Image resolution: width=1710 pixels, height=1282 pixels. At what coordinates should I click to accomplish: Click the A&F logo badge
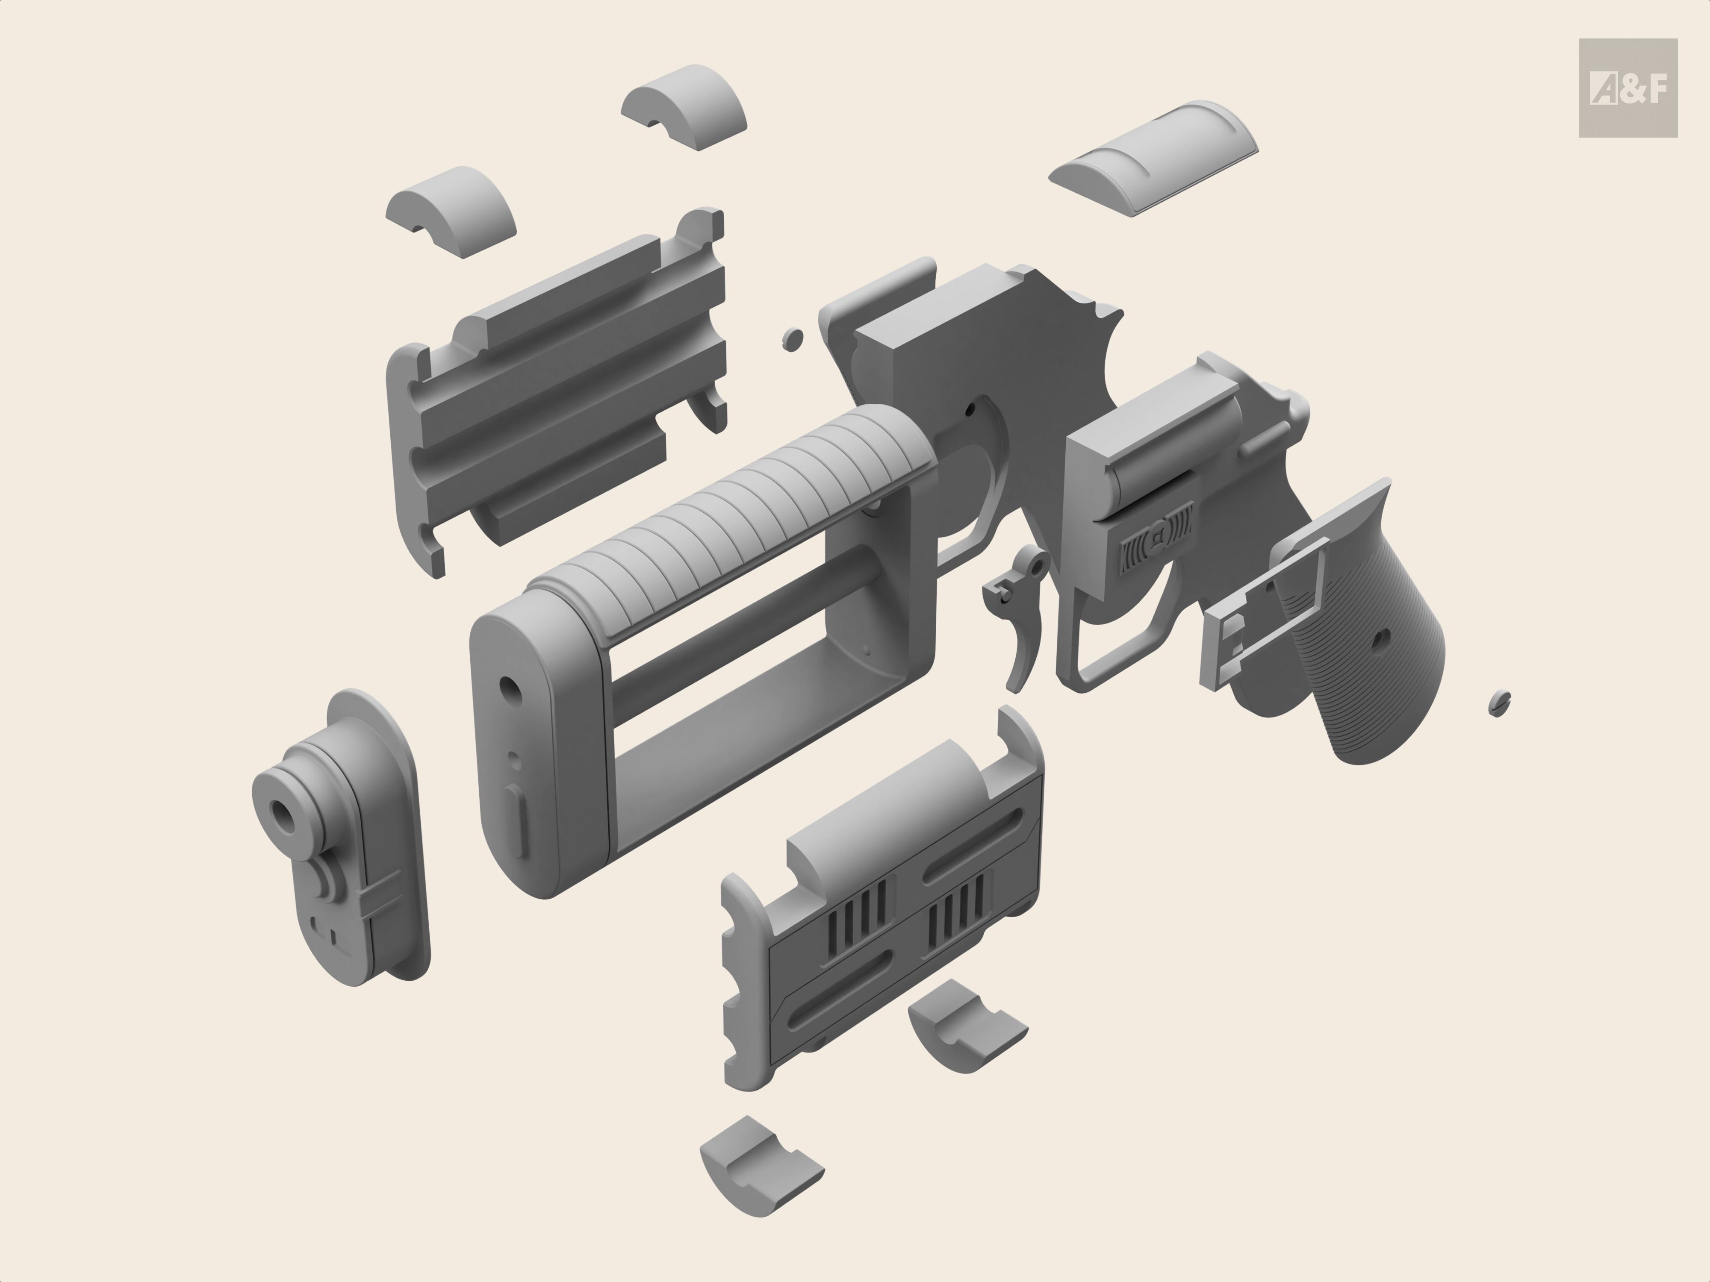pyautogui.click(x=1627, y=88)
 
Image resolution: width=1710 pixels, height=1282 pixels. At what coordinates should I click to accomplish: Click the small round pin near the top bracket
pyautogui.click(x=793, y=338)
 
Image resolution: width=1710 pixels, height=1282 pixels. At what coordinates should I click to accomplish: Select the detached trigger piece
pyautogui.click(x=1020, y=615)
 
